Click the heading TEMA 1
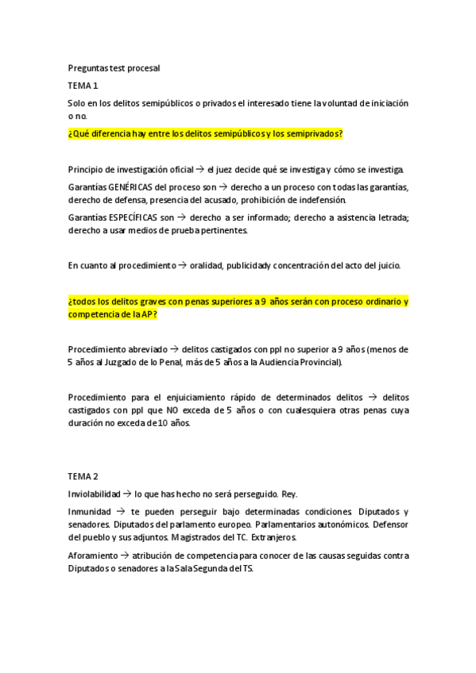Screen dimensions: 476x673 click(x=83, y=85)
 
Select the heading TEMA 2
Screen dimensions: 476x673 click(x=83, y=476)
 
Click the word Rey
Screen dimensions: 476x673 click(x=289, y=493)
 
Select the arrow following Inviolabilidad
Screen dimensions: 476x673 click(x=128, y=493)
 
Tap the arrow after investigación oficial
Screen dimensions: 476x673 click(x=201, y=169)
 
